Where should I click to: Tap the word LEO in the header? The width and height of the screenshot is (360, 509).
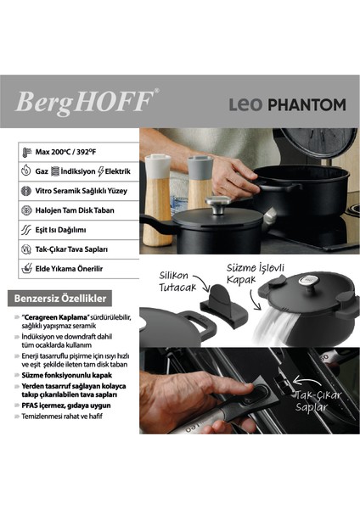[x=249, y=105]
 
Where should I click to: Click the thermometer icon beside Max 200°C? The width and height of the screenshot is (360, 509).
[x=25, y=153]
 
